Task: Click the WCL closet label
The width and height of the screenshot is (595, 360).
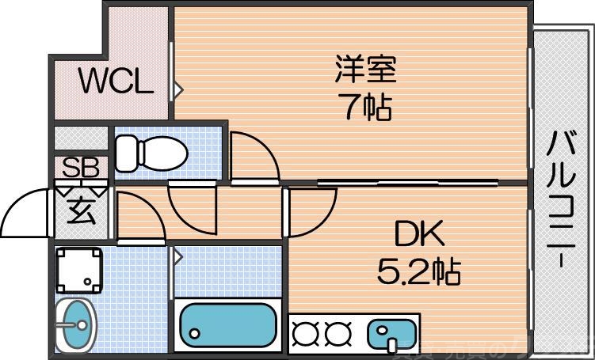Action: click(x=114, y=82)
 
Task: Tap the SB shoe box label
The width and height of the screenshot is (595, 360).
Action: click(x=81, y=168)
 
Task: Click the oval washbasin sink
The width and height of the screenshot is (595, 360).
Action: click(x=77, y=324)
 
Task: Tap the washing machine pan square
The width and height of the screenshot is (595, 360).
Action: click(x=79, y=271)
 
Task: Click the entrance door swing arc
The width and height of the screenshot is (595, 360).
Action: click(x=28, y=207)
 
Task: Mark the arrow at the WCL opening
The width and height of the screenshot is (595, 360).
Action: click(x=179, y=89)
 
